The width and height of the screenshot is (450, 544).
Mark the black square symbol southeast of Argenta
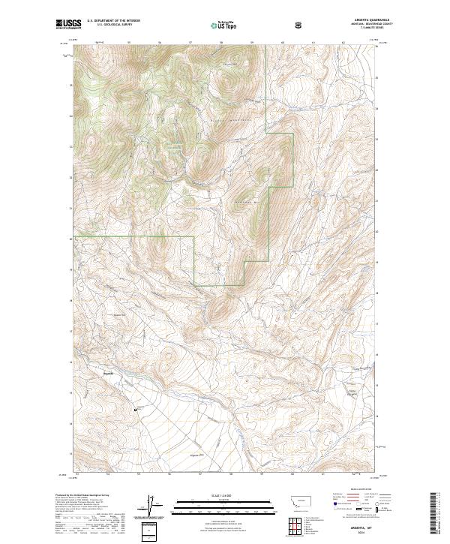135,410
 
